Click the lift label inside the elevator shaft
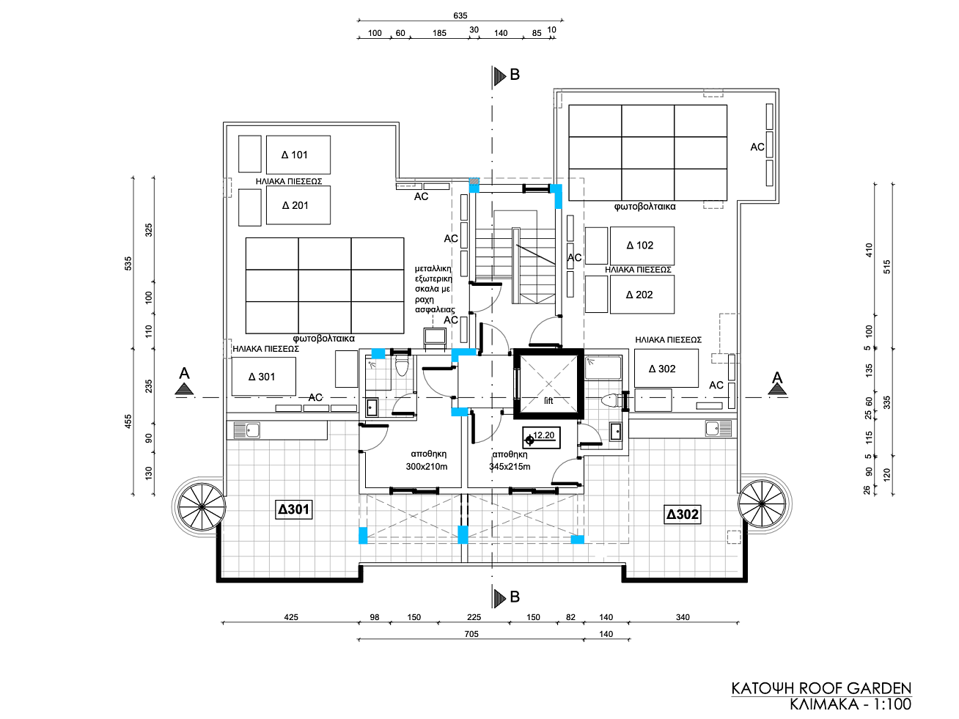(x=548, y=401)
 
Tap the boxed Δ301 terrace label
(x=293, y=509)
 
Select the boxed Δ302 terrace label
(x=683, y=515)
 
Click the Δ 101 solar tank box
(x=298, y=155)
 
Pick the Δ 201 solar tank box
(x=298, y=205)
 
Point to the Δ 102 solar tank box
(x=642, y=246)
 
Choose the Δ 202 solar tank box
(x=642, y=295)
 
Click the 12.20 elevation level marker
(x=541, y=437)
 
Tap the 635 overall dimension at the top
(x=460, y=15)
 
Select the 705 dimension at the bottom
(x=471, y=634)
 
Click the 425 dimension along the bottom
(x=291, y=617)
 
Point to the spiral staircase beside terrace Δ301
(x=202, y=507)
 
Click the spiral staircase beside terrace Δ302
(x=763, y=504)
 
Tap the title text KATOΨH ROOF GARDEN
(x=821, y=688)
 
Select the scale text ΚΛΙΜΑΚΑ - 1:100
(x=850, y=704)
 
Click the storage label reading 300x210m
(x=427, y=467)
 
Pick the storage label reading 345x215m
(x=510, y=467)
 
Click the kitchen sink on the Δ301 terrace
(x=247, y=430)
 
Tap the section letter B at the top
(x=515, y=75)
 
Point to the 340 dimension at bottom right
(x=683, y=617)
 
